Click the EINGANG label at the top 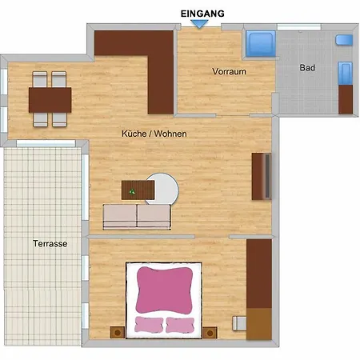(202, 14)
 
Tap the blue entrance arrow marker (199, 24)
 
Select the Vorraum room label (229, 71)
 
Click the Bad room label (307, 68)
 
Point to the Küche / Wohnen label (154, 134)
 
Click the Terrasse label (50, 243)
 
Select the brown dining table (50, 100)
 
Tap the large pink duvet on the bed (164, 290)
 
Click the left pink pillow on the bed (149, 325)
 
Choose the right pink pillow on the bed (180, 325)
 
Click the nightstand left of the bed (118, 333)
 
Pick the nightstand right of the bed (210, 333)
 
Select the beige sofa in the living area (137, 217)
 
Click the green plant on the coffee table (132, 191)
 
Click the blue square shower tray (261, 44)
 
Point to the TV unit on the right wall (262, 176)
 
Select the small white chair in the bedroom (239, 323)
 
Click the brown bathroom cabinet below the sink (346, 99)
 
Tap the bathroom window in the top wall (299, 27)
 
